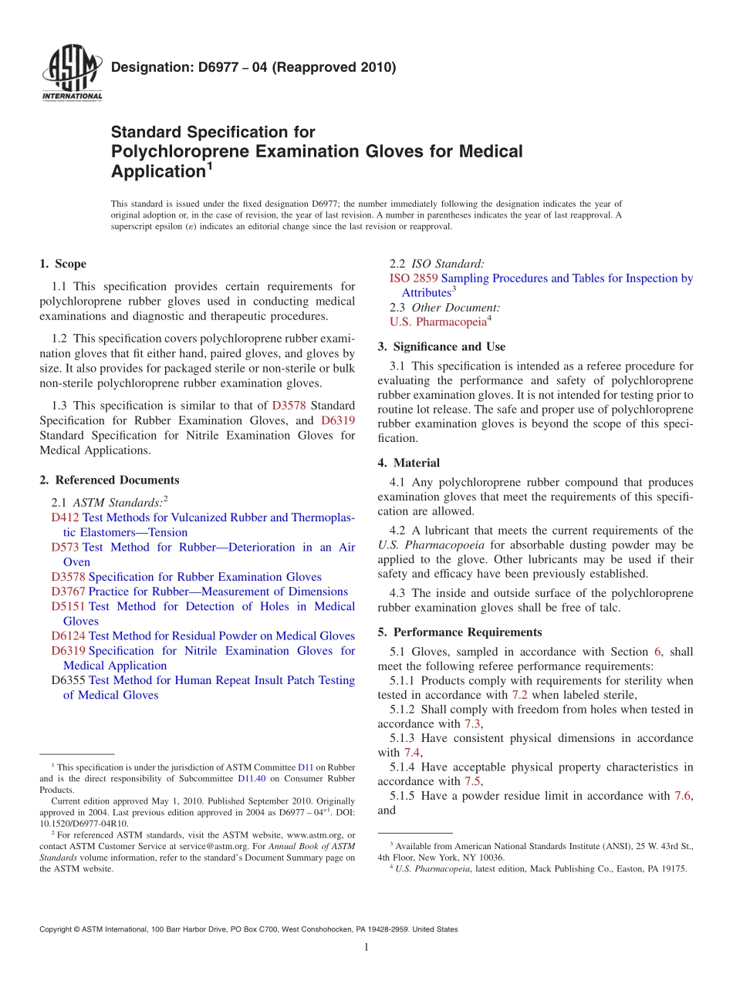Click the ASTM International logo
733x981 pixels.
tap(72, 74)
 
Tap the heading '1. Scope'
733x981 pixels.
tap(63, 264)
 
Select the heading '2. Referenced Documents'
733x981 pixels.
tap(110, 480)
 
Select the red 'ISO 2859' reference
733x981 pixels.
tap(407, 278)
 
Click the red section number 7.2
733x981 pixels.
tap(519, 695)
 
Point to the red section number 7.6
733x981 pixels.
tap(682, 796)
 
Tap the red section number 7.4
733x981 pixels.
tap(412, 752)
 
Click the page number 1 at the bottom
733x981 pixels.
tap(366, 947)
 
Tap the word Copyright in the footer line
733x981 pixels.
tap(56, 929)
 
